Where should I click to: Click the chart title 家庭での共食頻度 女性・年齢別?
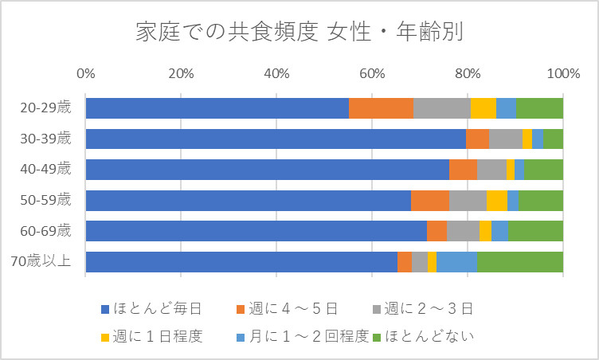click(x=299, y=33)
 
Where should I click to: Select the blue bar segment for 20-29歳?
click(x=217, y=108)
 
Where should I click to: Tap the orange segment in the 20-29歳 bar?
click(x=381, y=108)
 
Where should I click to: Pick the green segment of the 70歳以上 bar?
click(x=520, y=262)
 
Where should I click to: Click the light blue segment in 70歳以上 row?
click(x=456, y=262)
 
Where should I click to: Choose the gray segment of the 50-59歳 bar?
click(x=468, y=201)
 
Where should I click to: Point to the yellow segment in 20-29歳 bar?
click(x=483, y=108)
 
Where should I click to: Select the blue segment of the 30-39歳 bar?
click(x=276, y=139)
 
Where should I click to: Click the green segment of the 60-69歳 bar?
click(x=535, y=231)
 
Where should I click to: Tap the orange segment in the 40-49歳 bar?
click(x=463, y=170)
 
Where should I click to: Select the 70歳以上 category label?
click(x=48, y=262)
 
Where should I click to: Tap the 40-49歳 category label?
click(x=48, y=170)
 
